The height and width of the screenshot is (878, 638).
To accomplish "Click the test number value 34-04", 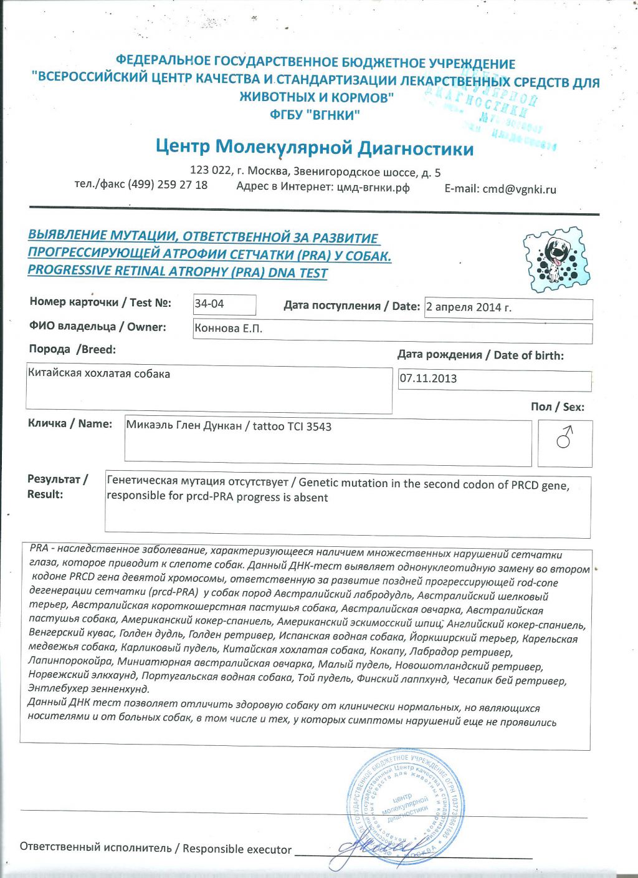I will [x=209, y=304].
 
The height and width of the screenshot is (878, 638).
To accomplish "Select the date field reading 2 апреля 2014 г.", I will [x=469, y=307].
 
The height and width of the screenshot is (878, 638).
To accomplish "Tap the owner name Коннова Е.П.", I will [x=228, y=329].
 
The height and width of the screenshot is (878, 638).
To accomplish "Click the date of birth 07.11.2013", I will [x=429, y=379].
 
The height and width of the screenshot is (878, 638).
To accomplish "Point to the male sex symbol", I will [x=564, y=438].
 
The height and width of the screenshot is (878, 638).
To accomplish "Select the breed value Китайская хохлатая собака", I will [x=99, y=374].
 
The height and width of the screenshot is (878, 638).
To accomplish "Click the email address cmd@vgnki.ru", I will [x=519, y=190].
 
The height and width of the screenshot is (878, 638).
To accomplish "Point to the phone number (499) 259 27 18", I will [x=168, y=185].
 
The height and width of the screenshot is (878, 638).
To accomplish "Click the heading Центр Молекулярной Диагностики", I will [x=315, y=148].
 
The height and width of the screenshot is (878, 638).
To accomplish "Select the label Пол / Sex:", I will [x=557, y=407].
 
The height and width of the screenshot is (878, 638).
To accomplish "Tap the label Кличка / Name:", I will [x=70, y=424].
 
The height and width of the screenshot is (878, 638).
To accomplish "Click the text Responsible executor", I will [x=237, y=849].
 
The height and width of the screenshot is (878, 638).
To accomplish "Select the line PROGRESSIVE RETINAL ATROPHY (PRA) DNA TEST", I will [x=178, y=272].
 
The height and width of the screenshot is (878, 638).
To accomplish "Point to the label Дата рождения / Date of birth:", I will [x=480, y=355].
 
